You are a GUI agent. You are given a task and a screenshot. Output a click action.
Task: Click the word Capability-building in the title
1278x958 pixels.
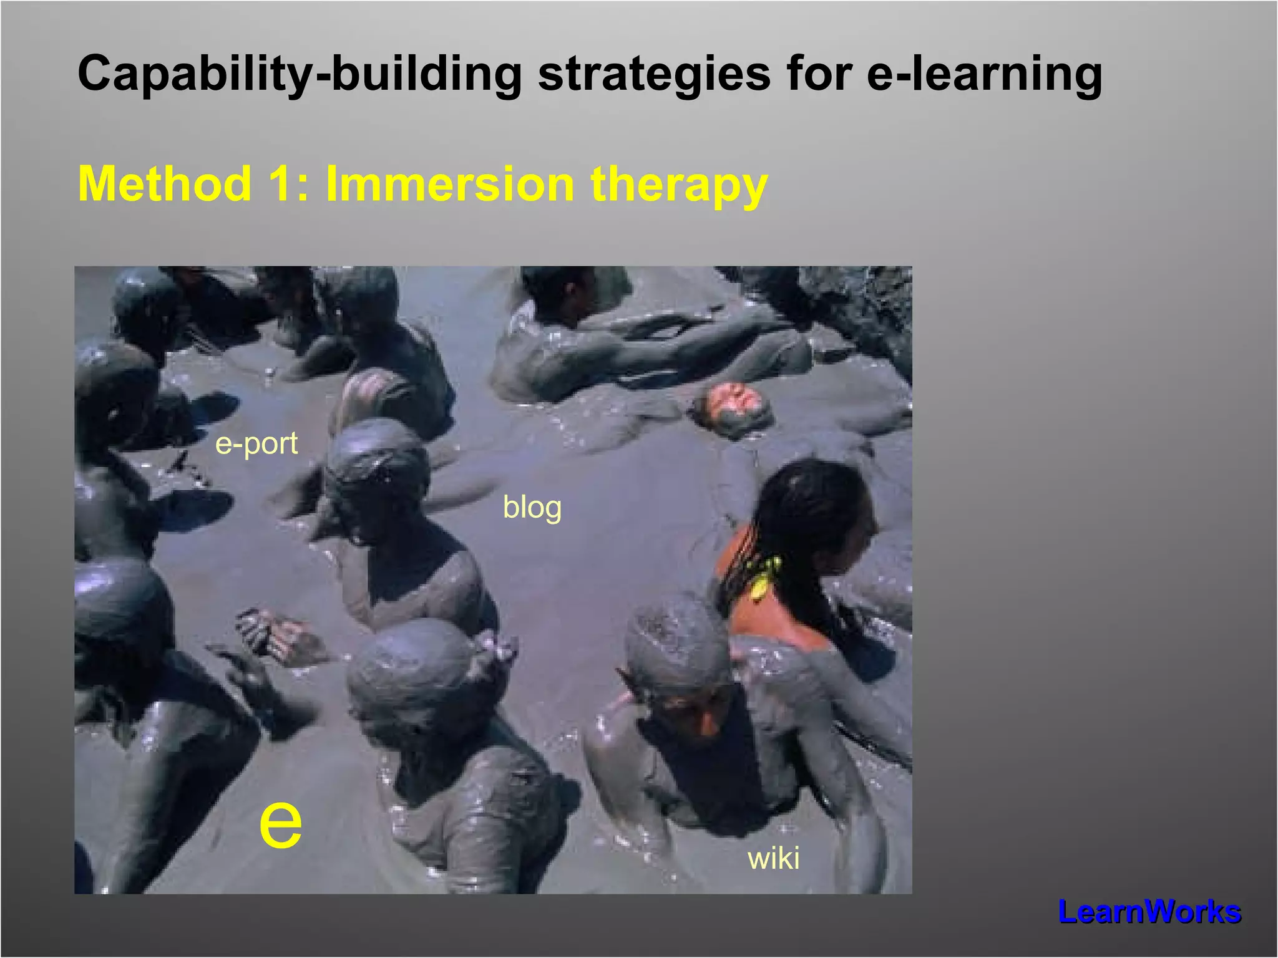click(299, 74)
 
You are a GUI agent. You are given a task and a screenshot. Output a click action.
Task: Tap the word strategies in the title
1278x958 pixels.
click(653, 74)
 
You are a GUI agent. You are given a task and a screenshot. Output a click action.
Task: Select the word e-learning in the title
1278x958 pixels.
click(984, 74)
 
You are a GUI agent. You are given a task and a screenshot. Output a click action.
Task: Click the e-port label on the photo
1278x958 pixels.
click(256, 444)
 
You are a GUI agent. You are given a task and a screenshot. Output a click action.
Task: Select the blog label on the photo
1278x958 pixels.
click(532, 507)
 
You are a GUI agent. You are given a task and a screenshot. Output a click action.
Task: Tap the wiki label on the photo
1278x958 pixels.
click(773, 858)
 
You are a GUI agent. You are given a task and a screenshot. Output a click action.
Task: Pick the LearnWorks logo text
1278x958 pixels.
click(1149, 912)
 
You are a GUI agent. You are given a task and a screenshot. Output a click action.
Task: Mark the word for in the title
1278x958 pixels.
click(818, 74)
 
